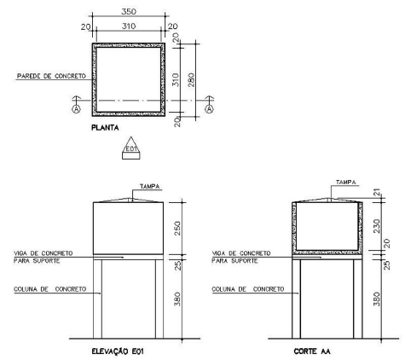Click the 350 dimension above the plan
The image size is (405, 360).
pos(129,12)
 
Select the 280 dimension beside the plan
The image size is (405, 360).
pos(191,80)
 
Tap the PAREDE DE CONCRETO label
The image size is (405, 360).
pos(51,76)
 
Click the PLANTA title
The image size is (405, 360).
pos(105,128)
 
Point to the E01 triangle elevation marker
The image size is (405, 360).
pos(131,148)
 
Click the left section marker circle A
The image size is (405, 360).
pos(76,109)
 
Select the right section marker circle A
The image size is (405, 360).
pos(210,109)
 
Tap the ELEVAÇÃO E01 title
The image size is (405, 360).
pos(118,351)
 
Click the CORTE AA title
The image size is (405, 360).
pos(312,351)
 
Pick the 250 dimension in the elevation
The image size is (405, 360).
pos(177,229)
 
